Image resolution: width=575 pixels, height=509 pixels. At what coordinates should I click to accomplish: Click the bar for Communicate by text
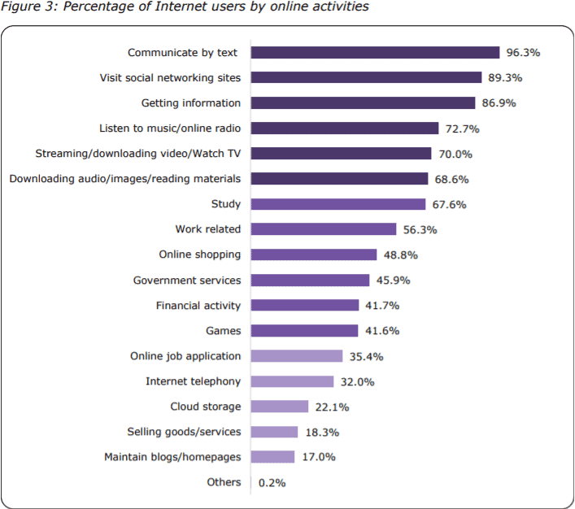375,53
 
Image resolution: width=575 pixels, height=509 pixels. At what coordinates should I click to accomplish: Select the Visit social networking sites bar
366,78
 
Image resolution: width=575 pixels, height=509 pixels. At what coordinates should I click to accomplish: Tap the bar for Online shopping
314,254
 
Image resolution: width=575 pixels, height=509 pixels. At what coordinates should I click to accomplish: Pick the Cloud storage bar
280,407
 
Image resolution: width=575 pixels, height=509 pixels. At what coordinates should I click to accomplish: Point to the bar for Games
304,331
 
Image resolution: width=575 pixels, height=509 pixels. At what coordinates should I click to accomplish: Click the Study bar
338,204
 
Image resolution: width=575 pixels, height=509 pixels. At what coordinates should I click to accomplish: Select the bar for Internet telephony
292,381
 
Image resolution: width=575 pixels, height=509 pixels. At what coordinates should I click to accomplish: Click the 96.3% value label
524,53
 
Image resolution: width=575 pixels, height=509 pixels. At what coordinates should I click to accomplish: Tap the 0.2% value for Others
272,482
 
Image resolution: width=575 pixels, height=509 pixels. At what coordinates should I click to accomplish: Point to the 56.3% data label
420,230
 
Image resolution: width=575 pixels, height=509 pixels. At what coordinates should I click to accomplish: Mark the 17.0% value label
318,457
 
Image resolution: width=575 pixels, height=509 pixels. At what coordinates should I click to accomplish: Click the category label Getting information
191,103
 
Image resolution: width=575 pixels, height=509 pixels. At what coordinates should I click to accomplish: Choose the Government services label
187,281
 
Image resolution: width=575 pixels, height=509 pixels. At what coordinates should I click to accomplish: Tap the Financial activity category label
198,306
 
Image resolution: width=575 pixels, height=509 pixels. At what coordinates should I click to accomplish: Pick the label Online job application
185,356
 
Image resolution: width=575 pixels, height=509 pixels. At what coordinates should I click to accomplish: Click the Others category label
224,482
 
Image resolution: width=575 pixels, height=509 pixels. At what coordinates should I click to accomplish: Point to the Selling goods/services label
184,432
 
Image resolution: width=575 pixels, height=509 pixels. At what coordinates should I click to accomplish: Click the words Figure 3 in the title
25,7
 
